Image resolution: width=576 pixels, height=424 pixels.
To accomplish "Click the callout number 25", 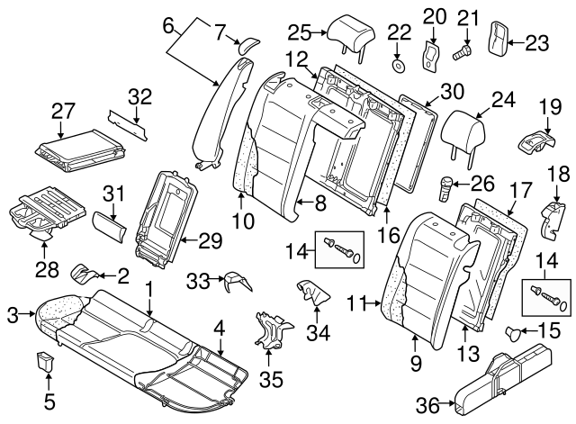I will point(299,33).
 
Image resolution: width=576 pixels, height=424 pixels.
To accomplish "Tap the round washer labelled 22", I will point(398,64).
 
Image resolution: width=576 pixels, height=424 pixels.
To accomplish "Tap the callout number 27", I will point(61,111).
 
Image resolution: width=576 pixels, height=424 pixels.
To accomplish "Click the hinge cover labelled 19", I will point(536,140).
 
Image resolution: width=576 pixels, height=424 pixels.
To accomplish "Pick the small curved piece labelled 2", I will point(84,271).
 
